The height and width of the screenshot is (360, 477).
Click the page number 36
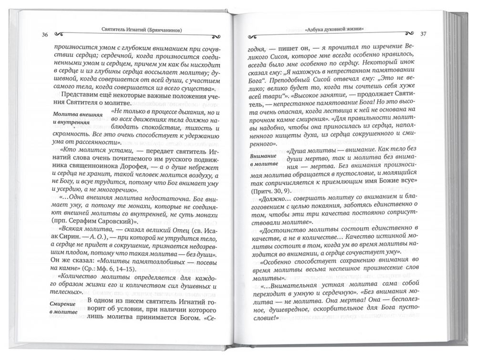44,34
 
